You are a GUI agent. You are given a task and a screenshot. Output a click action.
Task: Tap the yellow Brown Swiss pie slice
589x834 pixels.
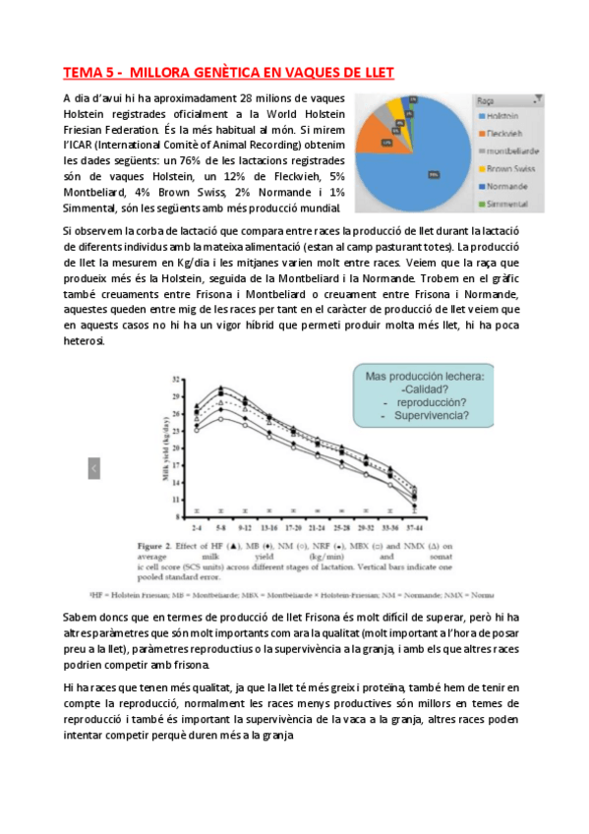(396, 106)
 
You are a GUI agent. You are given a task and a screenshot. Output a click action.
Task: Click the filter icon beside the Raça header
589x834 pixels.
(537, 98)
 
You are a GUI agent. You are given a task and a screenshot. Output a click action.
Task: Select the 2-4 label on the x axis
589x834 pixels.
(199, 528)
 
